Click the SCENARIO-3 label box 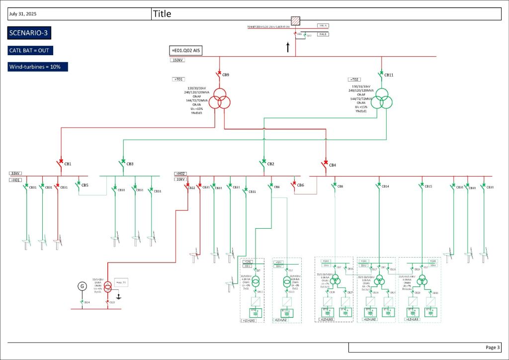coord(29,33)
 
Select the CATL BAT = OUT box coord(31,51)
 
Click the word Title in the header coord(162,14)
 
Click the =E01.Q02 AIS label coord(186,51)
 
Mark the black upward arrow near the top coord(287,48)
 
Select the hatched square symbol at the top coord(296,20)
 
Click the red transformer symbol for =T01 coord(219,102)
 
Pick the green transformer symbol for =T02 coord(383,98)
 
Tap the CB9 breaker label coord(226,75)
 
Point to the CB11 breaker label coord(389,75)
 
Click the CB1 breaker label coord(68,164)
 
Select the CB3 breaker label coord(130,164)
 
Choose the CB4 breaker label coord(333,164)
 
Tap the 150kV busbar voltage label coord(177,60)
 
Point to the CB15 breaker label coord(428,186)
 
